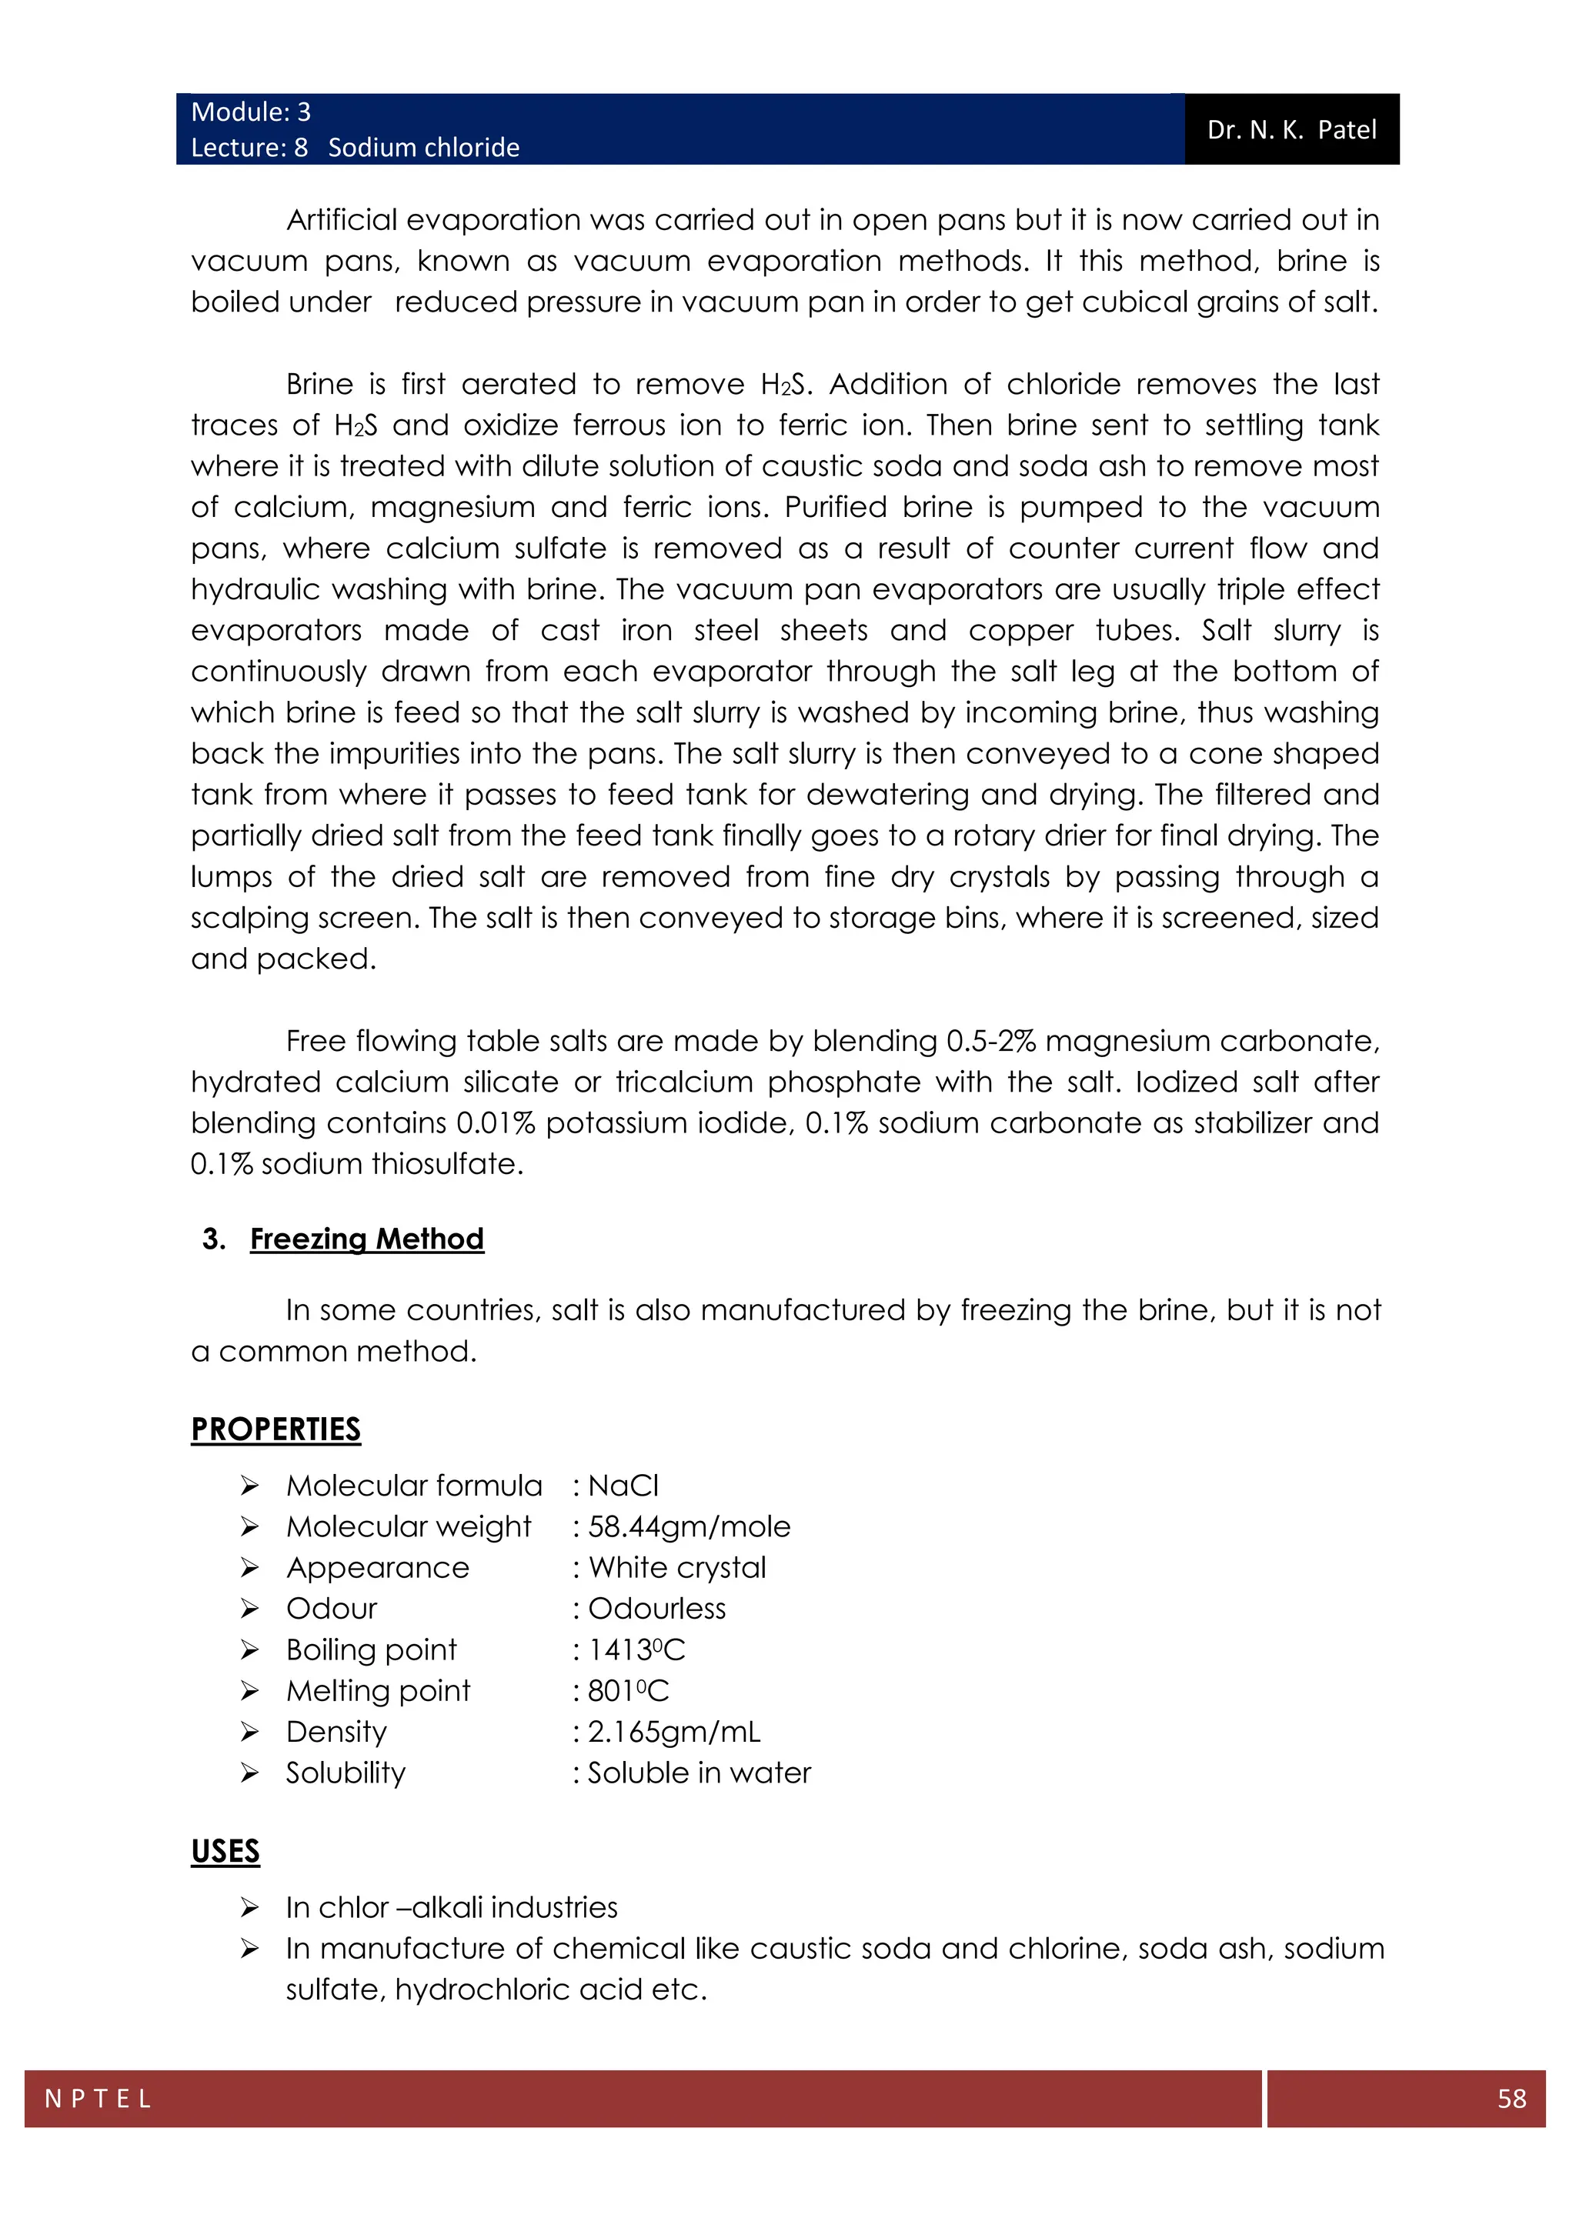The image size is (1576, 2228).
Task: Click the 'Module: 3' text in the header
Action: click(250, 112)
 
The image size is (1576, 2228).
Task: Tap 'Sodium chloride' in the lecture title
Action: click(423, 148)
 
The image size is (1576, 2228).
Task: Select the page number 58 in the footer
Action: click(1511, 2098)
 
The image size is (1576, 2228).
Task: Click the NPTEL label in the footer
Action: click(98, 2099)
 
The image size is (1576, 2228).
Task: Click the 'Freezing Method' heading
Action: click(367, 1239)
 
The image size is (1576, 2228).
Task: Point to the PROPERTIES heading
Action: click(275, 1429)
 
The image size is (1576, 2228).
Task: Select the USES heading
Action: click(225, 1852)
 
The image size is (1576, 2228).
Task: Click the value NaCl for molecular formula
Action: click(623, 1486)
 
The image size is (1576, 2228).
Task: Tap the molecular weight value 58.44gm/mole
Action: click(689, 1526)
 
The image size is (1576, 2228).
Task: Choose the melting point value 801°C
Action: click(628, 1690)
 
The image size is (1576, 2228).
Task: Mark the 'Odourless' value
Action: click(657, 1609)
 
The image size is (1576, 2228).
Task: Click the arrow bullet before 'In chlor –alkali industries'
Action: click(249, 1908)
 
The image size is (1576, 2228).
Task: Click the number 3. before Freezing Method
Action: click(213, 1239)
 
